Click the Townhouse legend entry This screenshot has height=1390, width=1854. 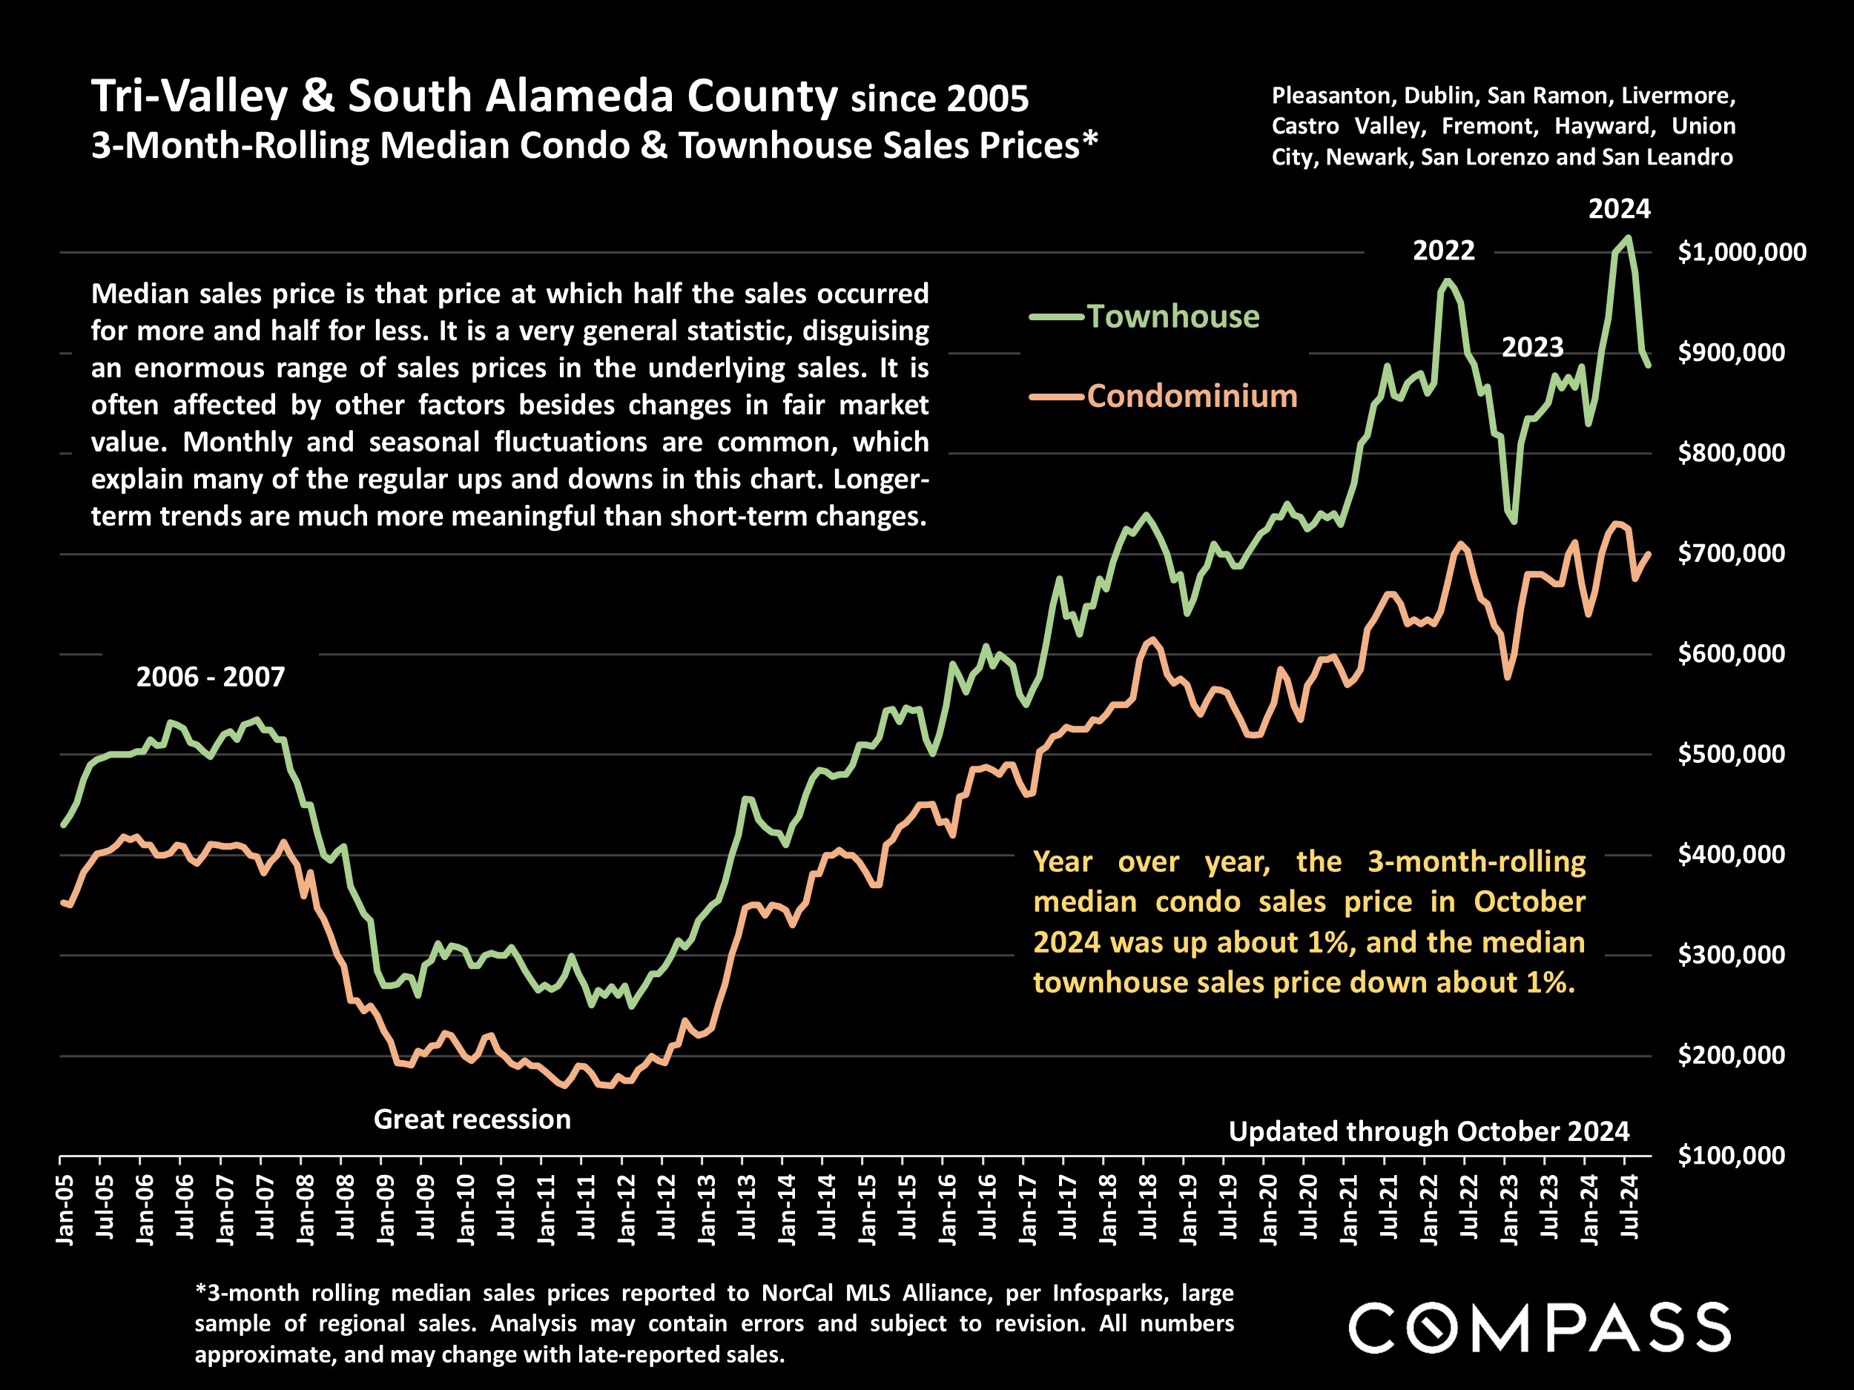[1172, 317]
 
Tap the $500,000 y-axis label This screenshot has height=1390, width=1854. [1731, 754]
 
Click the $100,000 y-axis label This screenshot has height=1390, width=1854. [1731, 1156]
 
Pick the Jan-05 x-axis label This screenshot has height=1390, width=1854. [65, 1209]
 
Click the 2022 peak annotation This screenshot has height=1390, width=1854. [1443, 251]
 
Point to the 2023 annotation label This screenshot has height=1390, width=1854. [1532, 347]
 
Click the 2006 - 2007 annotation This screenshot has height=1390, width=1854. [211, 676]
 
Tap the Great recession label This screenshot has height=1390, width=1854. [472, 1119]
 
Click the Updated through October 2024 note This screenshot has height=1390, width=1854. [1429, 1131]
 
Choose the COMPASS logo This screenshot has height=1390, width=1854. [1539, 1327]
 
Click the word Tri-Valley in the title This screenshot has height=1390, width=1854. [189, 96]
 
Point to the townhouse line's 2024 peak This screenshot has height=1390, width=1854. [1628, 238]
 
